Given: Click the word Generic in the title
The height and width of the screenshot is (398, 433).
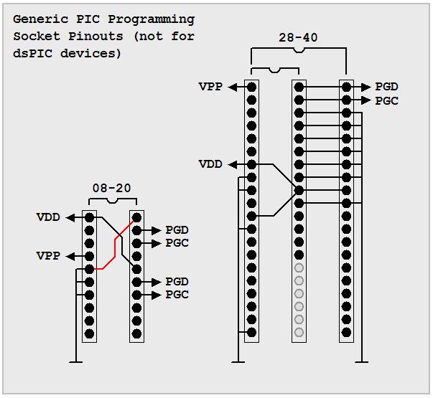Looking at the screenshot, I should tap(36, 19).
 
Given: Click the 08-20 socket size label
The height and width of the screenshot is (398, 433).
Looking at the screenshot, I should tap(112, 188).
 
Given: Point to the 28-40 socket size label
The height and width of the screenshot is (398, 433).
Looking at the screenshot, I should tap(299, 37).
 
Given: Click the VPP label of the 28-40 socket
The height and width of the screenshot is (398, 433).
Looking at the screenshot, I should tap(210, 87).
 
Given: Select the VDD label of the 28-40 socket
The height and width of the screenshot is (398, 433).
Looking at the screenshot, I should tap(210, 164).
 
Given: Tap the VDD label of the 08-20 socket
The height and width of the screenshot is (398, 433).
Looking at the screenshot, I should tap(49, 217).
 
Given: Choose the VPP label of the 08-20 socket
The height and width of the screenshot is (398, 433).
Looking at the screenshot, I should tap(49, 256).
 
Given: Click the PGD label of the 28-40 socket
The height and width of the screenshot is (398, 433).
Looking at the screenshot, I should tap(386, 87).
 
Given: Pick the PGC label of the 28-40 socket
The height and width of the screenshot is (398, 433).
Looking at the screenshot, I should tap(386, 100).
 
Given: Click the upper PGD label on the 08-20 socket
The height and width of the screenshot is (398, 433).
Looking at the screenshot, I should tap(177, 230).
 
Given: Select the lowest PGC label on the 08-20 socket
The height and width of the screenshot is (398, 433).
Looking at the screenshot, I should tap(177, 295).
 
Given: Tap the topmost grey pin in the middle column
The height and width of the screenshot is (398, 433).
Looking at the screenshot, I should tap(299, 267).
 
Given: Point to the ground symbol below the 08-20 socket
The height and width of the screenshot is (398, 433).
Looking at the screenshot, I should tap(74, 359).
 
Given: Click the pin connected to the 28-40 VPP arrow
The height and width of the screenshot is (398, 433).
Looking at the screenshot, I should tap(251, 87).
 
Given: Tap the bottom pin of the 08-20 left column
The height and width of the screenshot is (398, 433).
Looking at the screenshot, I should tap(89, 333).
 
